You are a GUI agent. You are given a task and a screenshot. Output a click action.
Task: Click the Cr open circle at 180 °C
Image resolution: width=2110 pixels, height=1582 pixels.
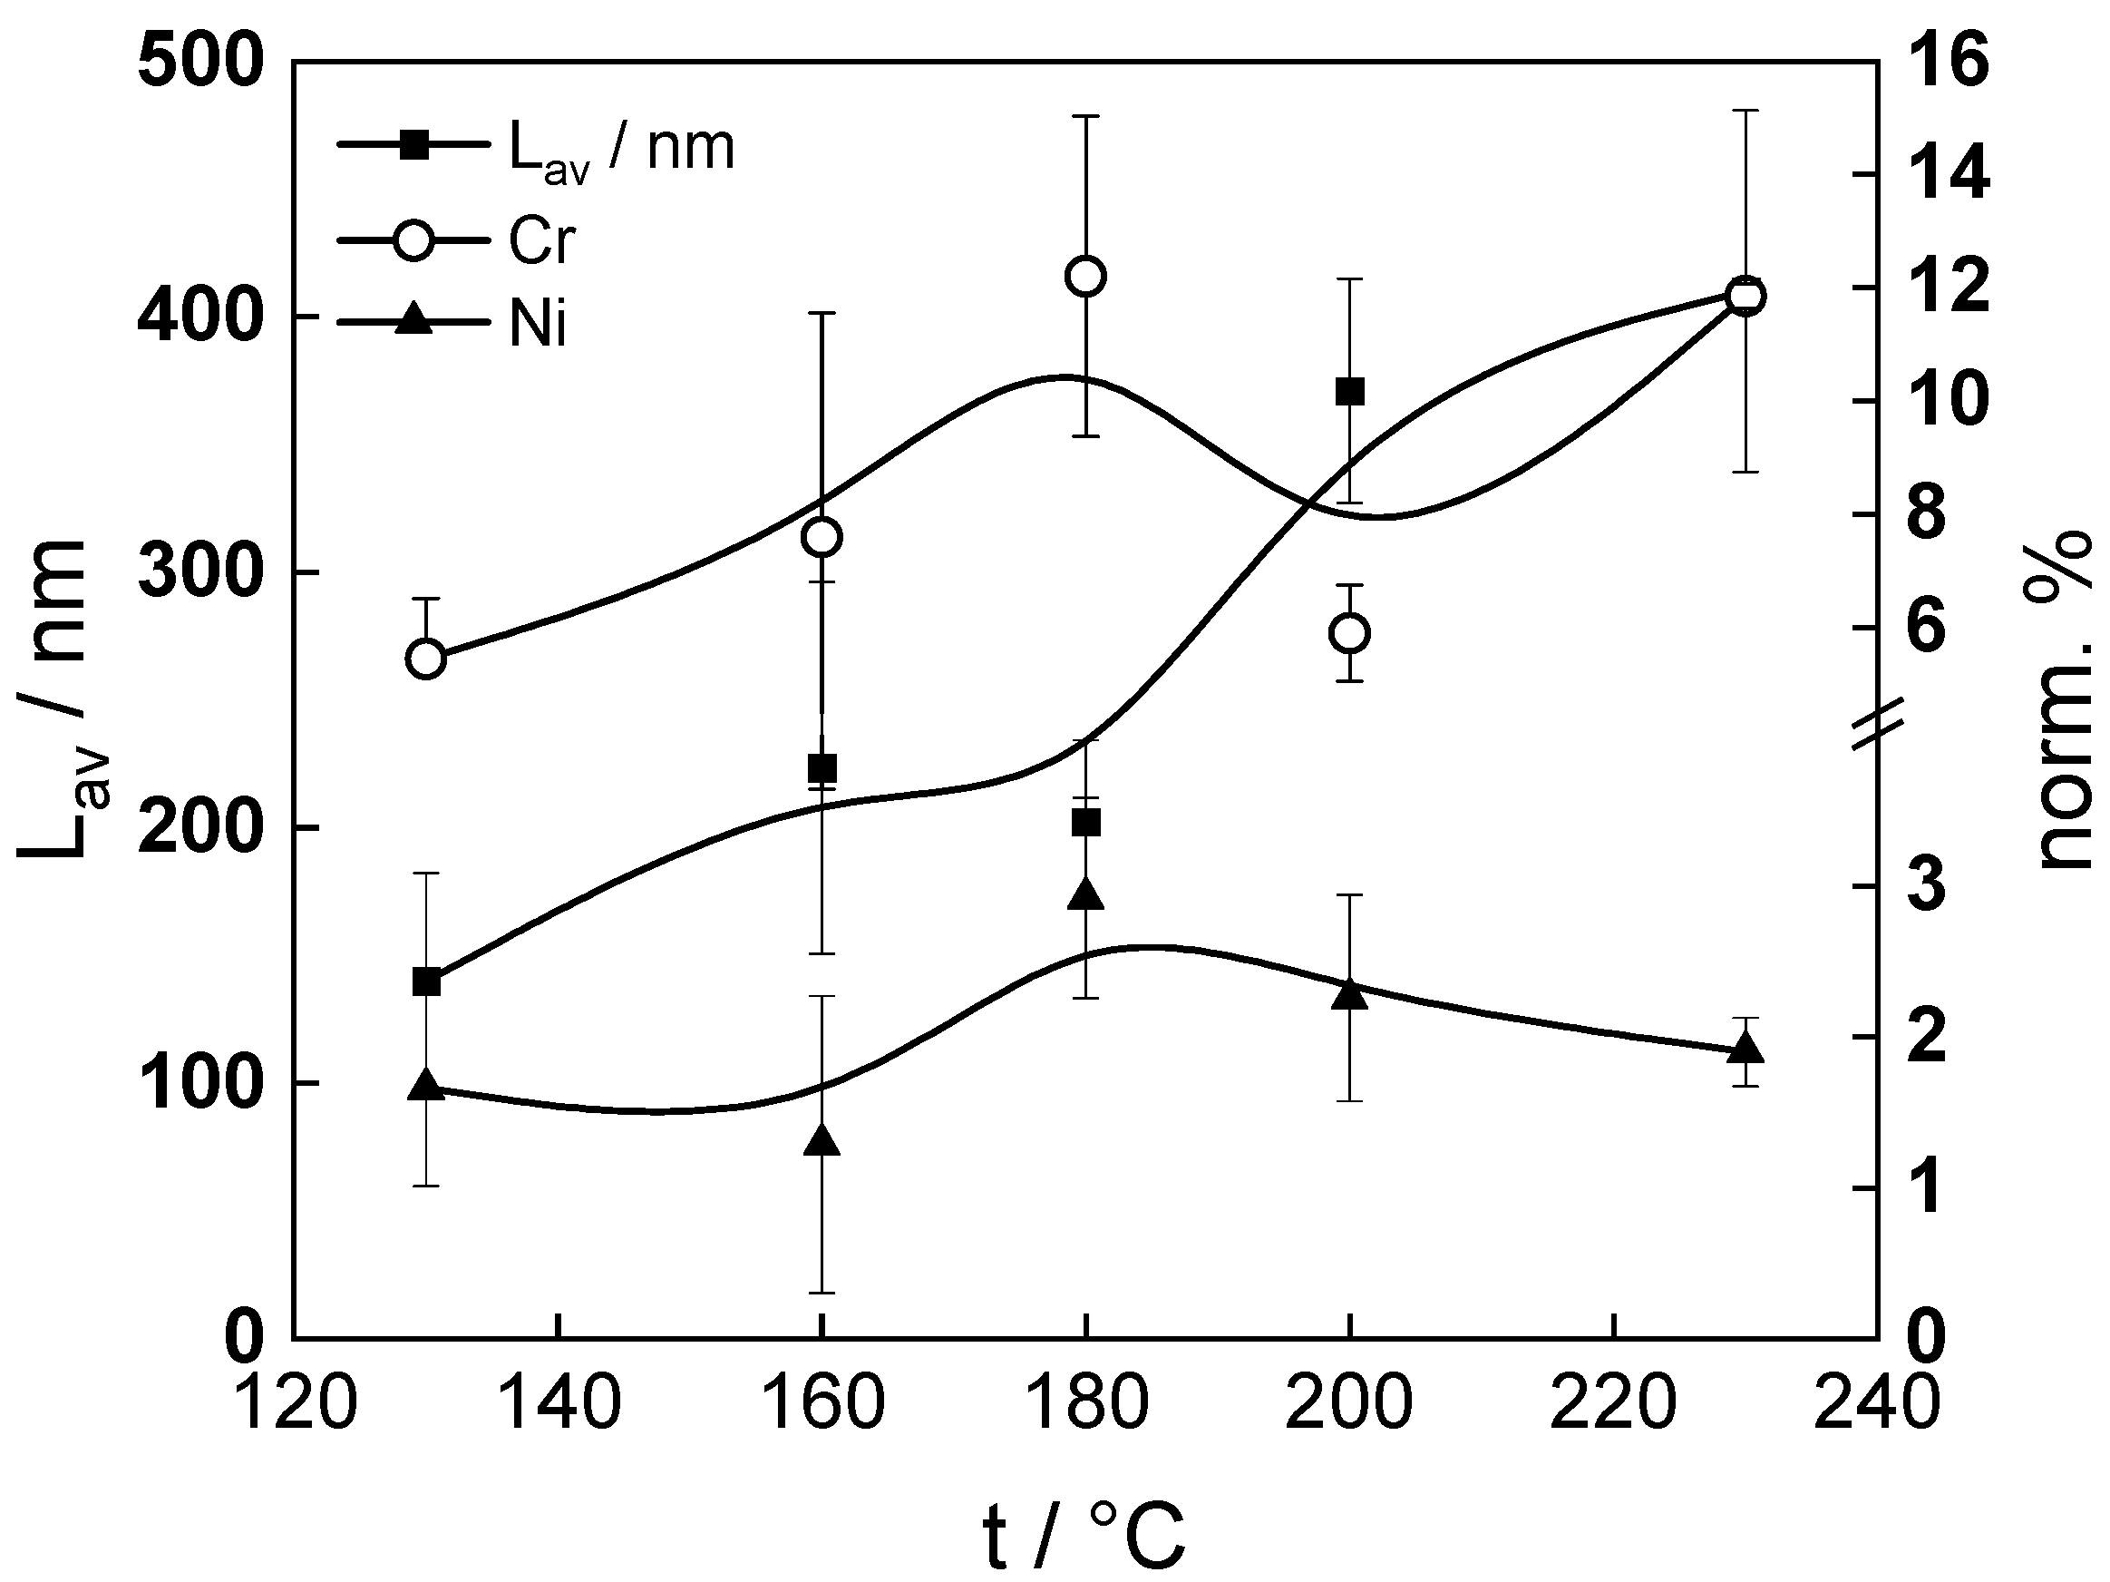1085,277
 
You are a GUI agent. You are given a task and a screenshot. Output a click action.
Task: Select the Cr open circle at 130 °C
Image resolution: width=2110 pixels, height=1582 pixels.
425,659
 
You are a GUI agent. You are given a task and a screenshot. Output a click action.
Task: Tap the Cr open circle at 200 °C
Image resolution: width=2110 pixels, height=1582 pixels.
1350,633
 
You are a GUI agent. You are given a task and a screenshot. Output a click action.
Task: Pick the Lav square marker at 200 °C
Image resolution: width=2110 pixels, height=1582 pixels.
1350,392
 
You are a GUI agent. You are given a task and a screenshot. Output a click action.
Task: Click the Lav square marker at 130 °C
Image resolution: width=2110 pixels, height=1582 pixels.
425,981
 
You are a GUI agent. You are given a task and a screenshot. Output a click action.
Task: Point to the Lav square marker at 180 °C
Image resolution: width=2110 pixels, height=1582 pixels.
1085,823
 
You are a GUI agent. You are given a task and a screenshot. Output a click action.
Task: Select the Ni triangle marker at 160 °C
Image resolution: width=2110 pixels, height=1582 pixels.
822,1141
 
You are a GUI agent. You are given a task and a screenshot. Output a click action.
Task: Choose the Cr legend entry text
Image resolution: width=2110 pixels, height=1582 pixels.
540,240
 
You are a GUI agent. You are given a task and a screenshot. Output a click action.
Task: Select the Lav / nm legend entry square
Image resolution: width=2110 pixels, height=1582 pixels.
413,146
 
